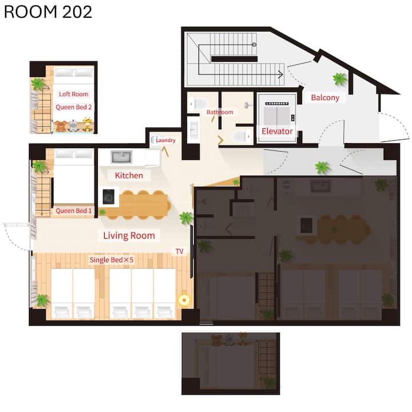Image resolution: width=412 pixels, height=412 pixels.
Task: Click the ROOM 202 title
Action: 48,12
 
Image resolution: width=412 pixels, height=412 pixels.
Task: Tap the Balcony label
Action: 325,98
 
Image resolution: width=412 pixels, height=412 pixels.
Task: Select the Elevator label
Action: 277,131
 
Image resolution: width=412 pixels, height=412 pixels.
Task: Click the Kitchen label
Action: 129,175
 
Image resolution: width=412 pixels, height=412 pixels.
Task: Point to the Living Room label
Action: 129,235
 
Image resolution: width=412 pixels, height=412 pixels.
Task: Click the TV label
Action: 180,251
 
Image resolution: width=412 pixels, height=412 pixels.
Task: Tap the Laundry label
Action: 165,140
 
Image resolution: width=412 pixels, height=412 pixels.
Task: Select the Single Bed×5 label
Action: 112,260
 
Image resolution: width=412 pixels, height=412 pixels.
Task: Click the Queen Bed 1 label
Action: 74,211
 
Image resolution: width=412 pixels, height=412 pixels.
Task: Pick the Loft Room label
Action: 74,94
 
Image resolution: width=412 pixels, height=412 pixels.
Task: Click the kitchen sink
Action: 121,157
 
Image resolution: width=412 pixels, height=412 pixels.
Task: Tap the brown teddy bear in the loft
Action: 61,126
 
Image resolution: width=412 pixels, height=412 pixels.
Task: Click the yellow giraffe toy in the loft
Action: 88,124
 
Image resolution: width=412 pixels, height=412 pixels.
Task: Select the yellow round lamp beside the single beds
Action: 184,300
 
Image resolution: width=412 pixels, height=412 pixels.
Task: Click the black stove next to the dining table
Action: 109,197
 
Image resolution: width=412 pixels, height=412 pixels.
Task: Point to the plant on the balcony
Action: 340,79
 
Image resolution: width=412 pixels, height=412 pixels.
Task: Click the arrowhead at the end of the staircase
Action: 281,74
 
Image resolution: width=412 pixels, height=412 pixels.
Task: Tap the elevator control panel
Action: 293,118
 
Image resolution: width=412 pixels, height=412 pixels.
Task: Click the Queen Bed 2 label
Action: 74,107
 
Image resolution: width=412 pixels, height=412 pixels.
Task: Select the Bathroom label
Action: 220,112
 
